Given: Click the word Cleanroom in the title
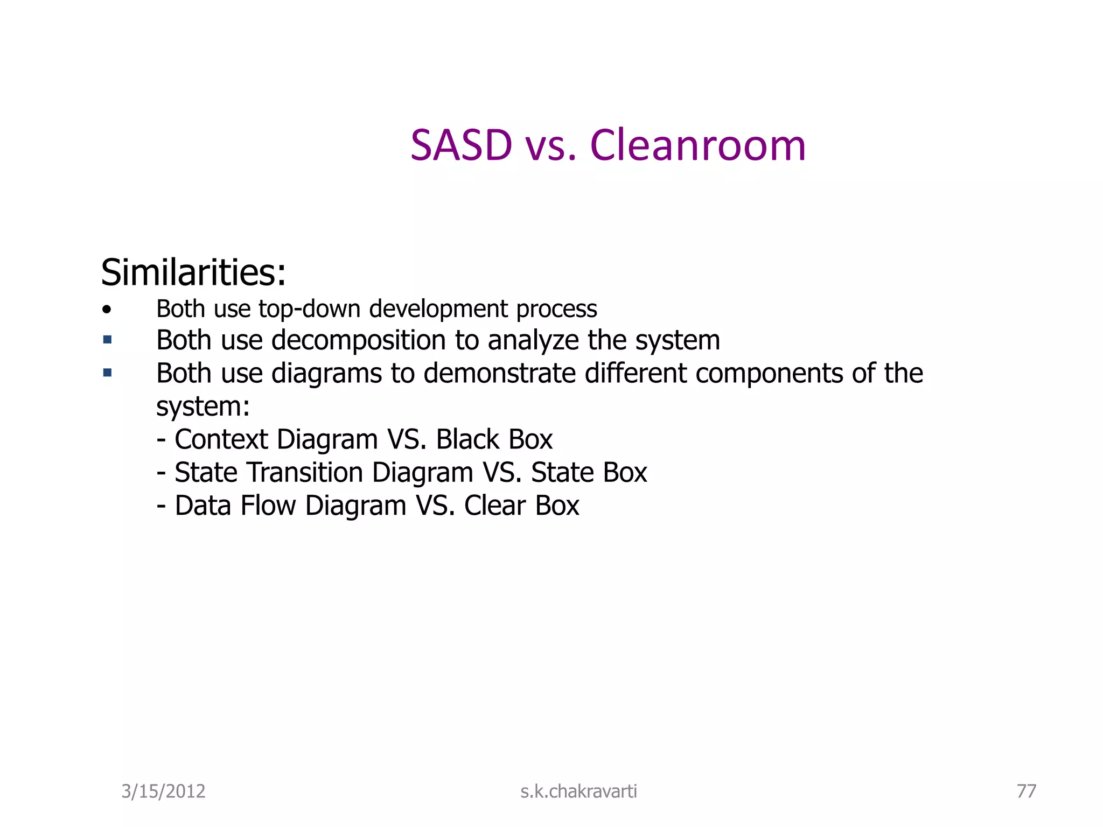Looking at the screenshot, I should (x=698, y=145).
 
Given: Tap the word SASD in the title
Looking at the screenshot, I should (x=461, y=145).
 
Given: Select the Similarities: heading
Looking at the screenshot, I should (x=193, y=272).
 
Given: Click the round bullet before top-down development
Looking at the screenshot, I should (x=107, y=310).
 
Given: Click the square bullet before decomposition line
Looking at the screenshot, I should (x=107, y=340).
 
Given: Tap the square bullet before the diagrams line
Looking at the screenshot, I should (x=107, y=373).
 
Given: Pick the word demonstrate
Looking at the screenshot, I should (x=500, y=373).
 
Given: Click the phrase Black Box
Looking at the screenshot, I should (x=494, y=439).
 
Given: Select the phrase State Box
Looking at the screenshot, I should (x=589, y=473).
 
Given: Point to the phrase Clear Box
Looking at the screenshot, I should (x=521, y=506).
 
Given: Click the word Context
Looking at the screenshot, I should (x=221, y=439).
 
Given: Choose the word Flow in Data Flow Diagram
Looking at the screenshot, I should (x=268, y=506).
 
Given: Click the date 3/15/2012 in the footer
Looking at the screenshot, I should (x=163, y=791).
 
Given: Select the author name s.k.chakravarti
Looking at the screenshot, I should (x=578, y=791).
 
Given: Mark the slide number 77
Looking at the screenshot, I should (x=1026, y=791).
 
